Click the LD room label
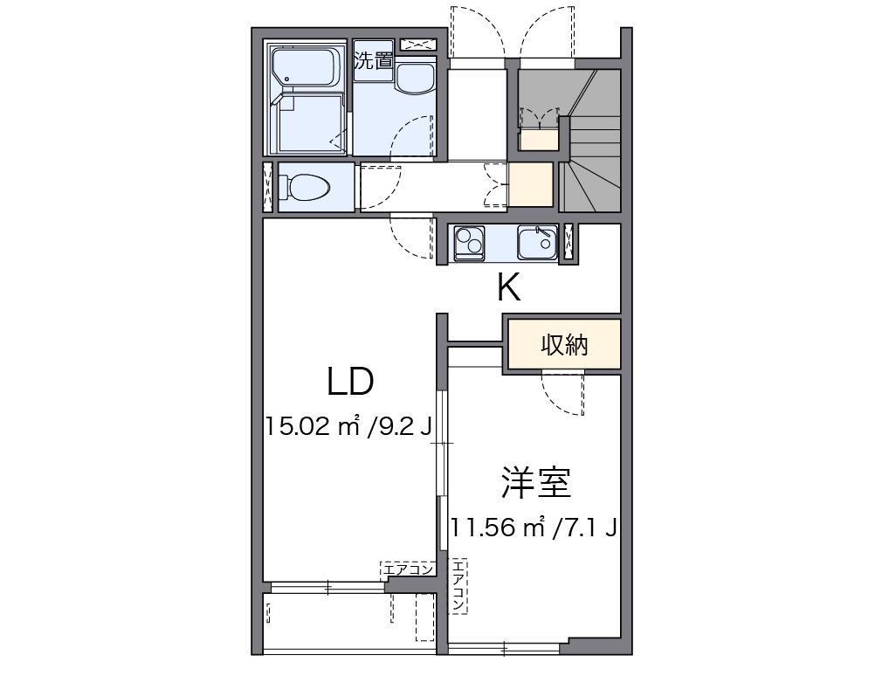[x=350, y=381]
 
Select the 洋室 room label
[x=536, y=482]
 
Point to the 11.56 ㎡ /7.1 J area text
[x=534, y=528]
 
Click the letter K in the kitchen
[x=508, y=288]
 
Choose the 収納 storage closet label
[x=564, y=344]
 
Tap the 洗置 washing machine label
[x=374, y=60]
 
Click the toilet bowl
[x=304, y=187]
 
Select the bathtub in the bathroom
[x=307, y=69]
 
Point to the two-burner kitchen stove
[x=470, y=244]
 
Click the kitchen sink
[x=536, y=244]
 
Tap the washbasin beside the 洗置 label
[x=415, y=79]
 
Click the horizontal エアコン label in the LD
[x=408, y=569]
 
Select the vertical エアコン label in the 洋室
[x=458, y=586]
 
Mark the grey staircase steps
[x=591, y=141]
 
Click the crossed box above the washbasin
[x=418, y=45]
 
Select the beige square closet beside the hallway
[x=530, y=184]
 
